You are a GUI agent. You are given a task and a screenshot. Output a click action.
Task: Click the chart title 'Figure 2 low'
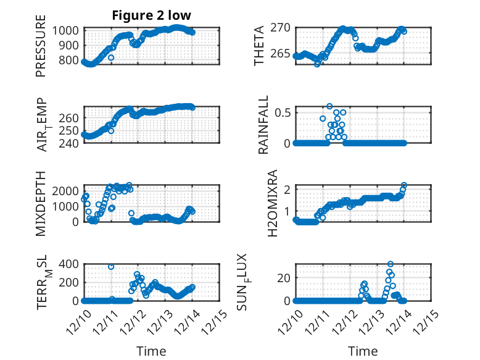tap(152, 15)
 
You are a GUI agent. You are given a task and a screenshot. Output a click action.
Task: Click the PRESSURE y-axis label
tap(41, 51)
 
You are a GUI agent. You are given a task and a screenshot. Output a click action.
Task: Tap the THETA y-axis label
tap(260, 45)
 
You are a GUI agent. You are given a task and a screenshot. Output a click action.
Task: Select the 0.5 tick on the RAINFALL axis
tap(283, 112)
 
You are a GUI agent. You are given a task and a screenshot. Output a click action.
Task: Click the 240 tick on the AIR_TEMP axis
tap(70, 143)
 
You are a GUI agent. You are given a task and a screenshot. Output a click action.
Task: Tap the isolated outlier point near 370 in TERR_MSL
tap(111, 267)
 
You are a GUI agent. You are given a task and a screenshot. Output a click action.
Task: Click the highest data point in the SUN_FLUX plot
tap(390, 264)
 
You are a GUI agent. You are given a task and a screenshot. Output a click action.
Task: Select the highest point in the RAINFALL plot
tap(329, 106)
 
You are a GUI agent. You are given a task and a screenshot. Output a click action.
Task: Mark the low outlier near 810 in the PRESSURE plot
tap(111, 57)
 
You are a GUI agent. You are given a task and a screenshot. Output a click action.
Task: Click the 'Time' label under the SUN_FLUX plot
tap(363, 351)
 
